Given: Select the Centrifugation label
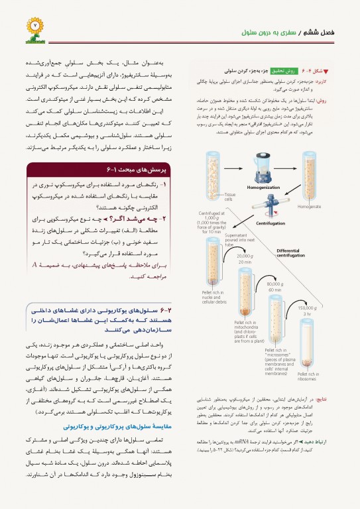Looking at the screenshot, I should (x=270, y=223).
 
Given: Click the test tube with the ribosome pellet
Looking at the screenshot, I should (x=309, y=345).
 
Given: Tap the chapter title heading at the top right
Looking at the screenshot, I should (x=283, y=32).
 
